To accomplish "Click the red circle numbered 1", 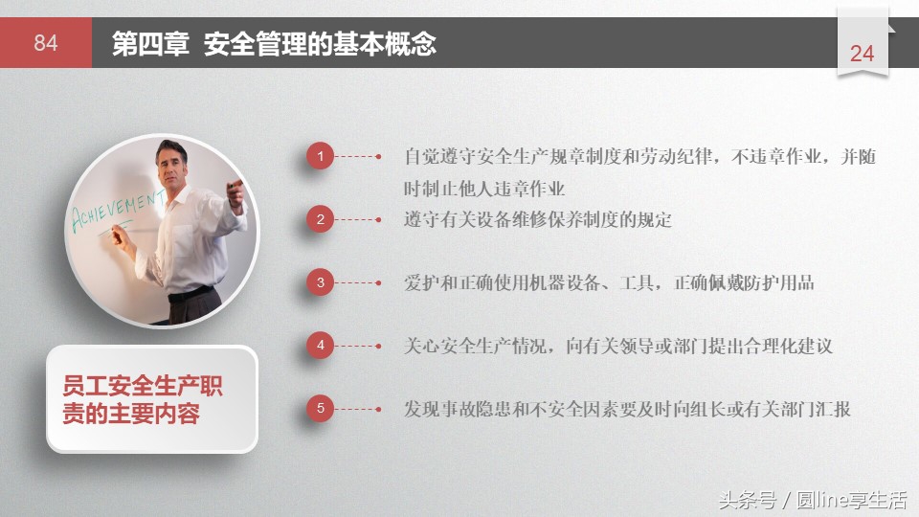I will (321, 156).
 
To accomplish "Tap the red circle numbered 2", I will (321, 219).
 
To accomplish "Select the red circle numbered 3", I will (321, 282).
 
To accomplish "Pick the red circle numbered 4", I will (321, 346).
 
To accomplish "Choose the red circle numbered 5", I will (321, 409).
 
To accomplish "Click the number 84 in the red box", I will (46, 43).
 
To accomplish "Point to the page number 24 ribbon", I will (863, 53).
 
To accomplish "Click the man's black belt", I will (191, 294).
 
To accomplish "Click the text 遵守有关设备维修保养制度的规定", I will (537, 219).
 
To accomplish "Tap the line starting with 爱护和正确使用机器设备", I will (609, 282).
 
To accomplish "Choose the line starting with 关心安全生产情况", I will (617, 346).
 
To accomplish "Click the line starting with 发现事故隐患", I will (627, 409).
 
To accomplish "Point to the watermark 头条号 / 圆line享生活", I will (812, 499).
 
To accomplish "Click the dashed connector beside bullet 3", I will (358, 282).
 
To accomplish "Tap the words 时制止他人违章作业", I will (484, 189).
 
